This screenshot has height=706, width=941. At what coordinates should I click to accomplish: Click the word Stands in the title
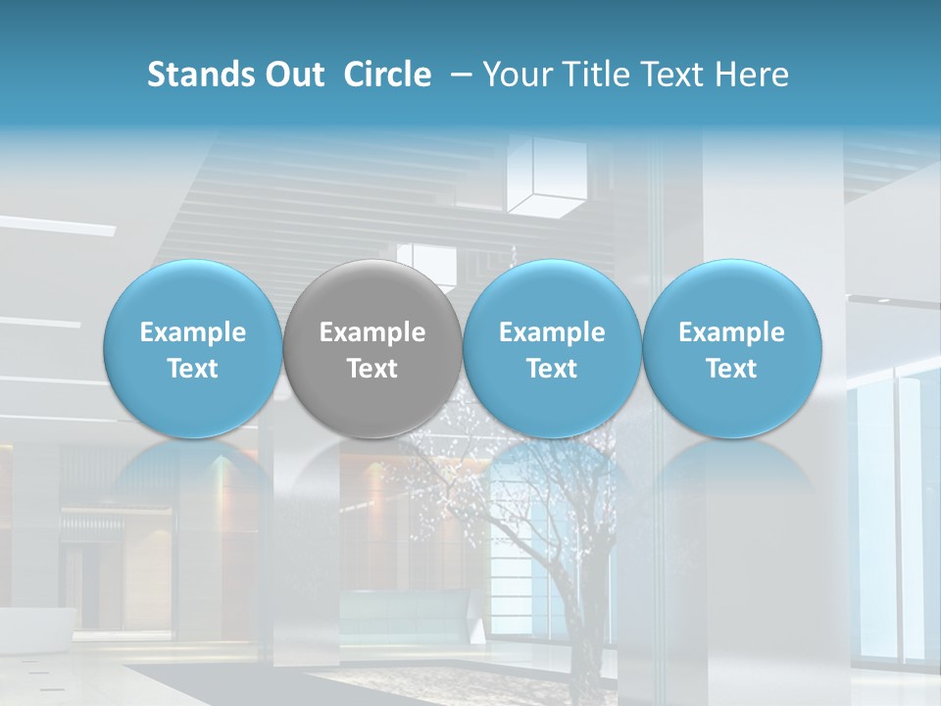click(200, 75)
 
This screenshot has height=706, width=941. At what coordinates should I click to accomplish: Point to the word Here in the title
click(753, 75)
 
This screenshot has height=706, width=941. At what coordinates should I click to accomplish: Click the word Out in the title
click(293, 75)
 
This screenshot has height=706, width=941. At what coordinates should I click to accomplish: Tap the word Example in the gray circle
click(372, 332)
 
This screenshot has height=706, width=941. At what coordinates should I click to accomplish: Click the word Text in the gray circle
click(372, 369)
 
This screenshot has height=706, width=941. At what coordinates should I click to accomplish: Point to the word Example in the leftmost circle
click(192, 332)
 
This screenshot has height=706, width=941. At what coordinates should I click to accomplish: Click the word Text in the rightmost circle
click(731, 369)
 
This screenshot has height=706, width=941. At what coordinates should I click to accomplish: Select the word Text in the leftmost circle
click(192, 369)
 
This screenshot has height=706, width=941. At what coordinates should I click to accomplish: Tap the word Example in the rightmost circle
click(731, 332)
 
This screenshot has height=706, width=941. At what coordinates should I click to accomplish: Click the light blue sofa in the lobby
click(402, 613)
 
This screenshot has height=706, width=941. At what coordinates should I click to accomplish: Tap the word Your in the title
click(515, 75)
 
